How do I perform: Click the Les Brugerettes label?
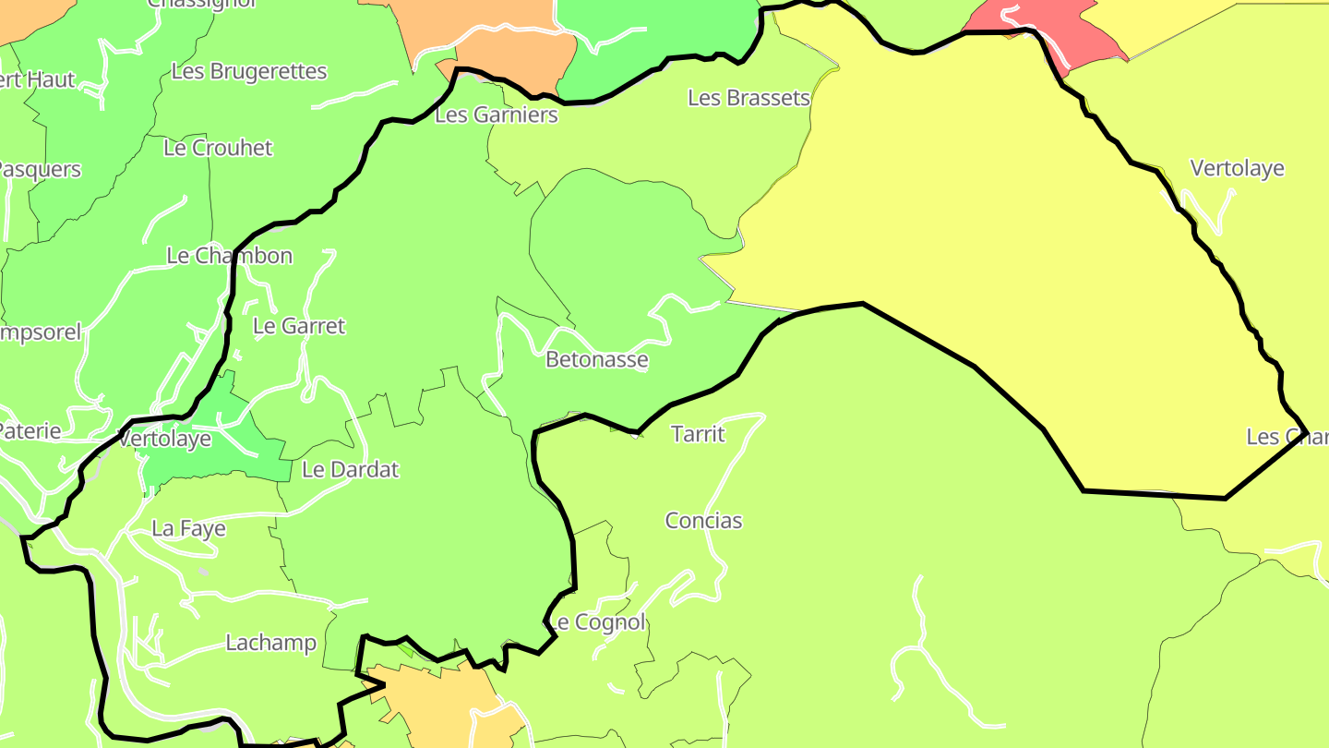pos(249,71)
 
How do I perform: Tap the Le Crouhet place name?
pos(218,148)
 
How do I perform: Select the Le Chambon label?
pos(229,256)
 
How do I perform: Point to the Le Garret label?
pos(298,326)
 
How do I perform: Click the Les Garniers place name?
pos(497,115)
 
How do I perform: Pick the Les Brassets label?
pos(748,98)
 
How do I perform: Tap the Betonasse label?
pos(596,359)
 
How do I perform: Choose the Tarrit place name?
pos(698,434)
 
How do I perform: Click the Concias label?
pos(703,521)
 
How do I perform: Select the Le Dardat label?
pos(351,469)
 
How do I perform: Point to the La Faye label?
pos(188,529)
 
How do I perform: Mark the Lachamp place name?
pos(270,643)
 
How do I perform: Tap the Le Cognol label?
pos(598,622)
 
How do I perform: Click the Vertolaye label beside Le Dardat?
pos(165,439)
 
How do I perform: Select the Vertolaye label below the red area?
pos(1237,169)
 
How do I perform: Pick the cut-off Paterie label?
pos(30,430)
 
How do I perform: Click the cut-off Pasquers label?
pos(39,170)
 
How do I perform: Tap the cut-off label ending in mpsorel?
pos(41,332)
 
